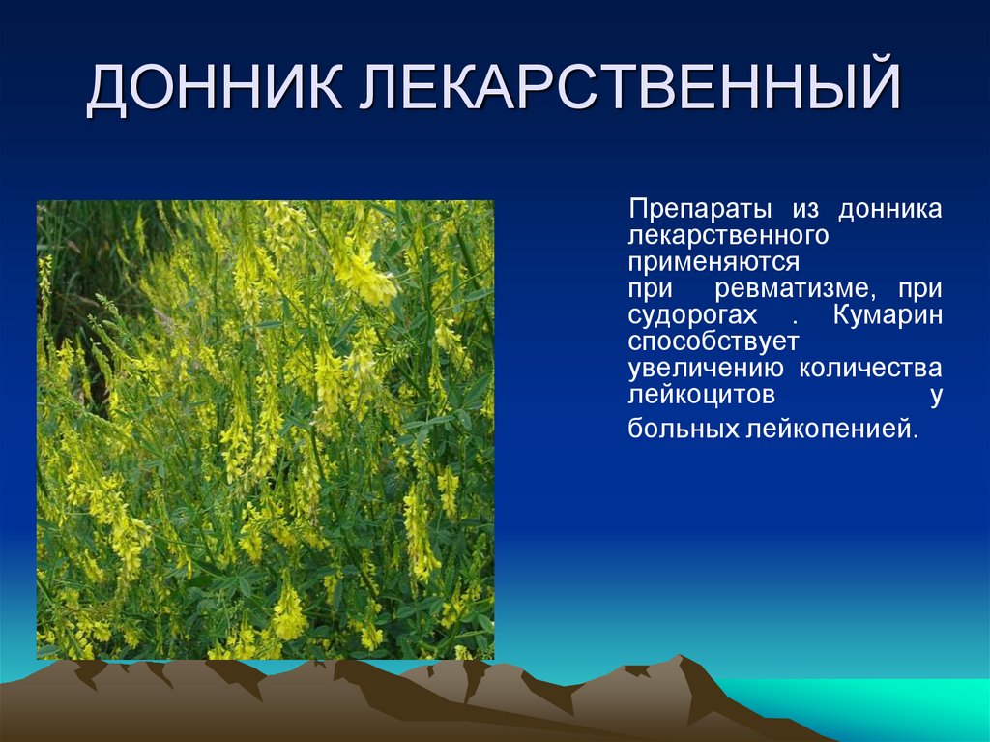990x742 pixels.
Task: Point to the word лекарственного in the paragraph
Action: [727, 236]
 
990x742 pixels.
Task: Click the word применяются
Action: [713, 262]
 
